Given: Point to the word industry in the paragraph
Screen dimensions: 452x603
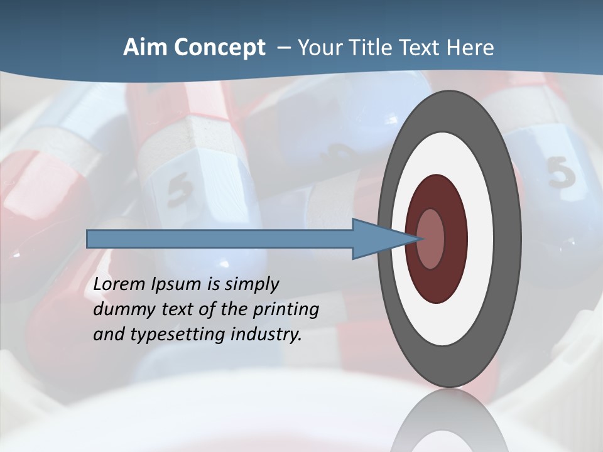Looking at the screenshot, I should click(266, 335).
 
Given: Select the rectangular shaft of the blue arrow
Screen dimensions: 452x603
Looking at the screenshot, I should click(220, 239).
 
